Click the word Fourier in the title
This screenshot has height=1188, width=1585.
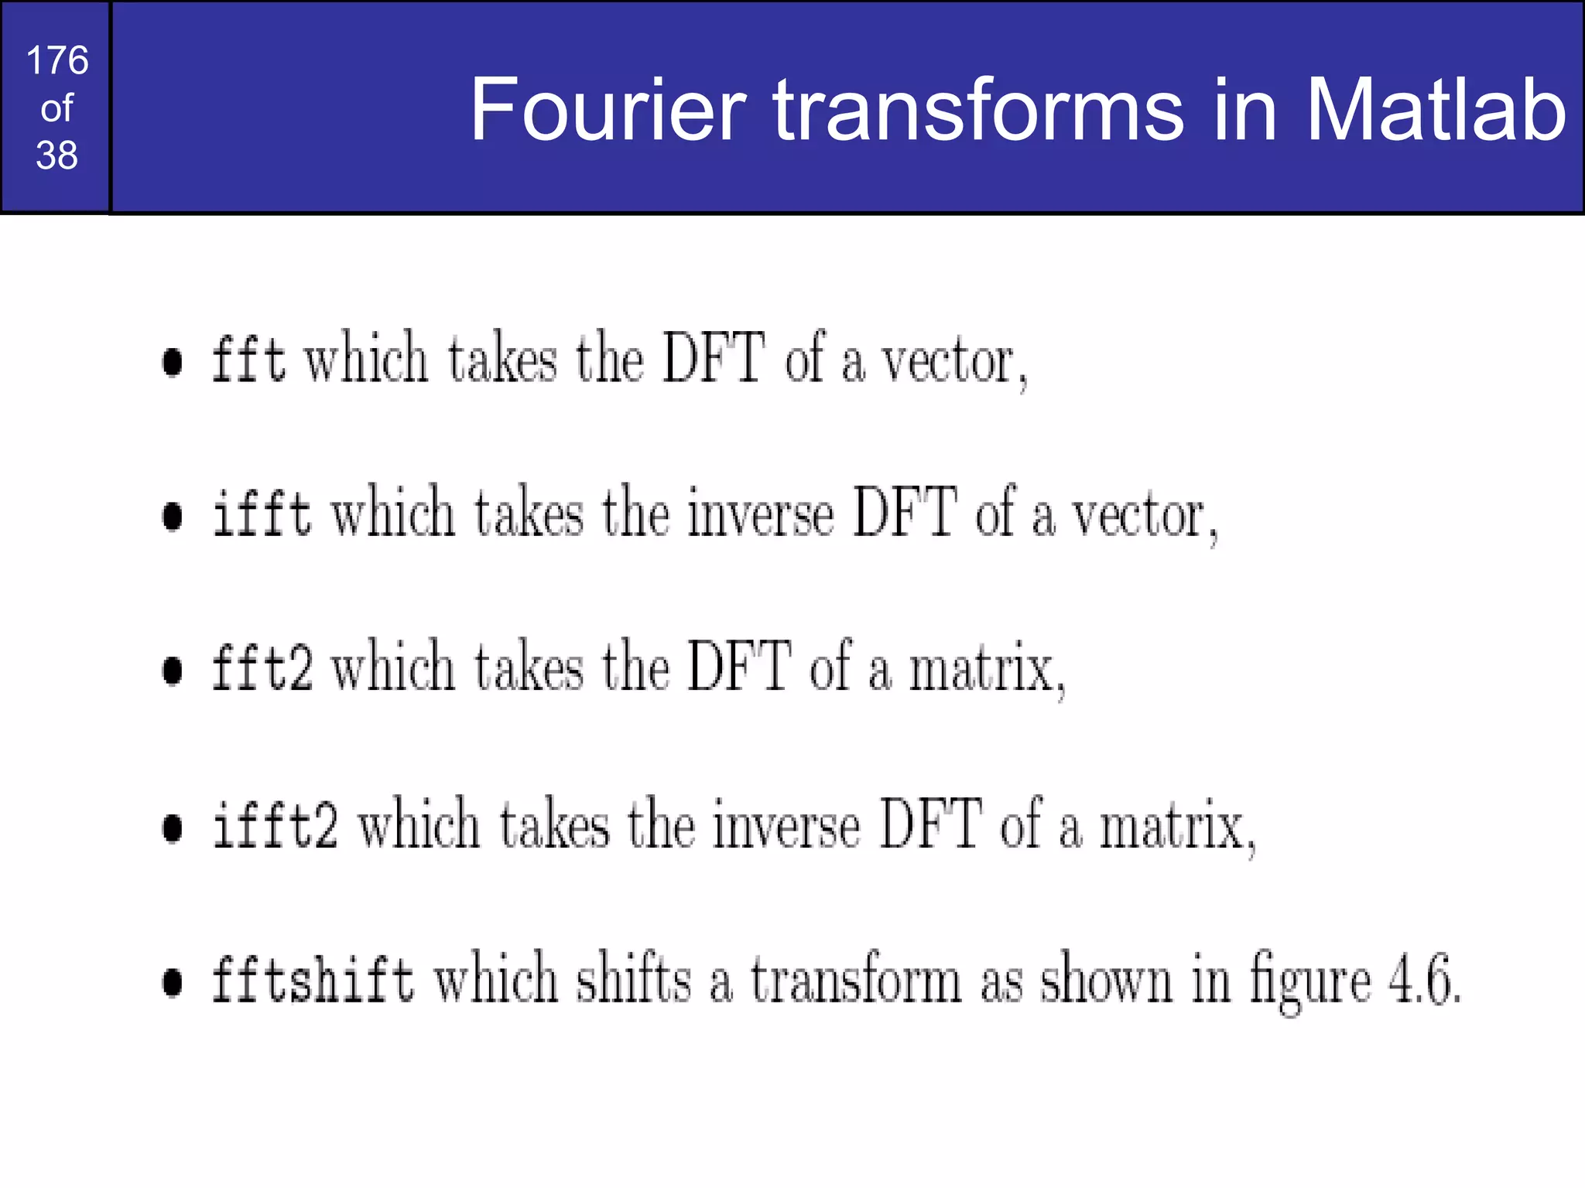608,110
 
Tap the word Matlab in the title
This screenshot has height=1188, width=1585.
1436,110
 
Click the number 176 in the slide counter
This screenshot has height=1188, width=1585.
56,60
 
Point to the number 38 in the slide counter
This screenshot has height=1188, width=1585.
56,155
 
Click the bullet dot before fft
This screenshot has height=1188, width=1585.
173,362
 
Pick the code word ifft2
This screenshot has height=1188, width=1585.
275,825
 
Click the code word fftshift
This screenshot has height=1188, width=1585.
313,979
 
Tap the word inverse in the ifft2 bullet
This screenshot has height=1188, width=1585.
786,825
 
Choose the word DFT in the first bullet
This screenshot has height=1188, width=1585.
714,358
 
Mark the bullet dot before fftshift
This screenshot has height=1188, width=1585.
173,982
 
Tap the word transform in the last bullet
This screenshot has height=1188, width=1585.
855,979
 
